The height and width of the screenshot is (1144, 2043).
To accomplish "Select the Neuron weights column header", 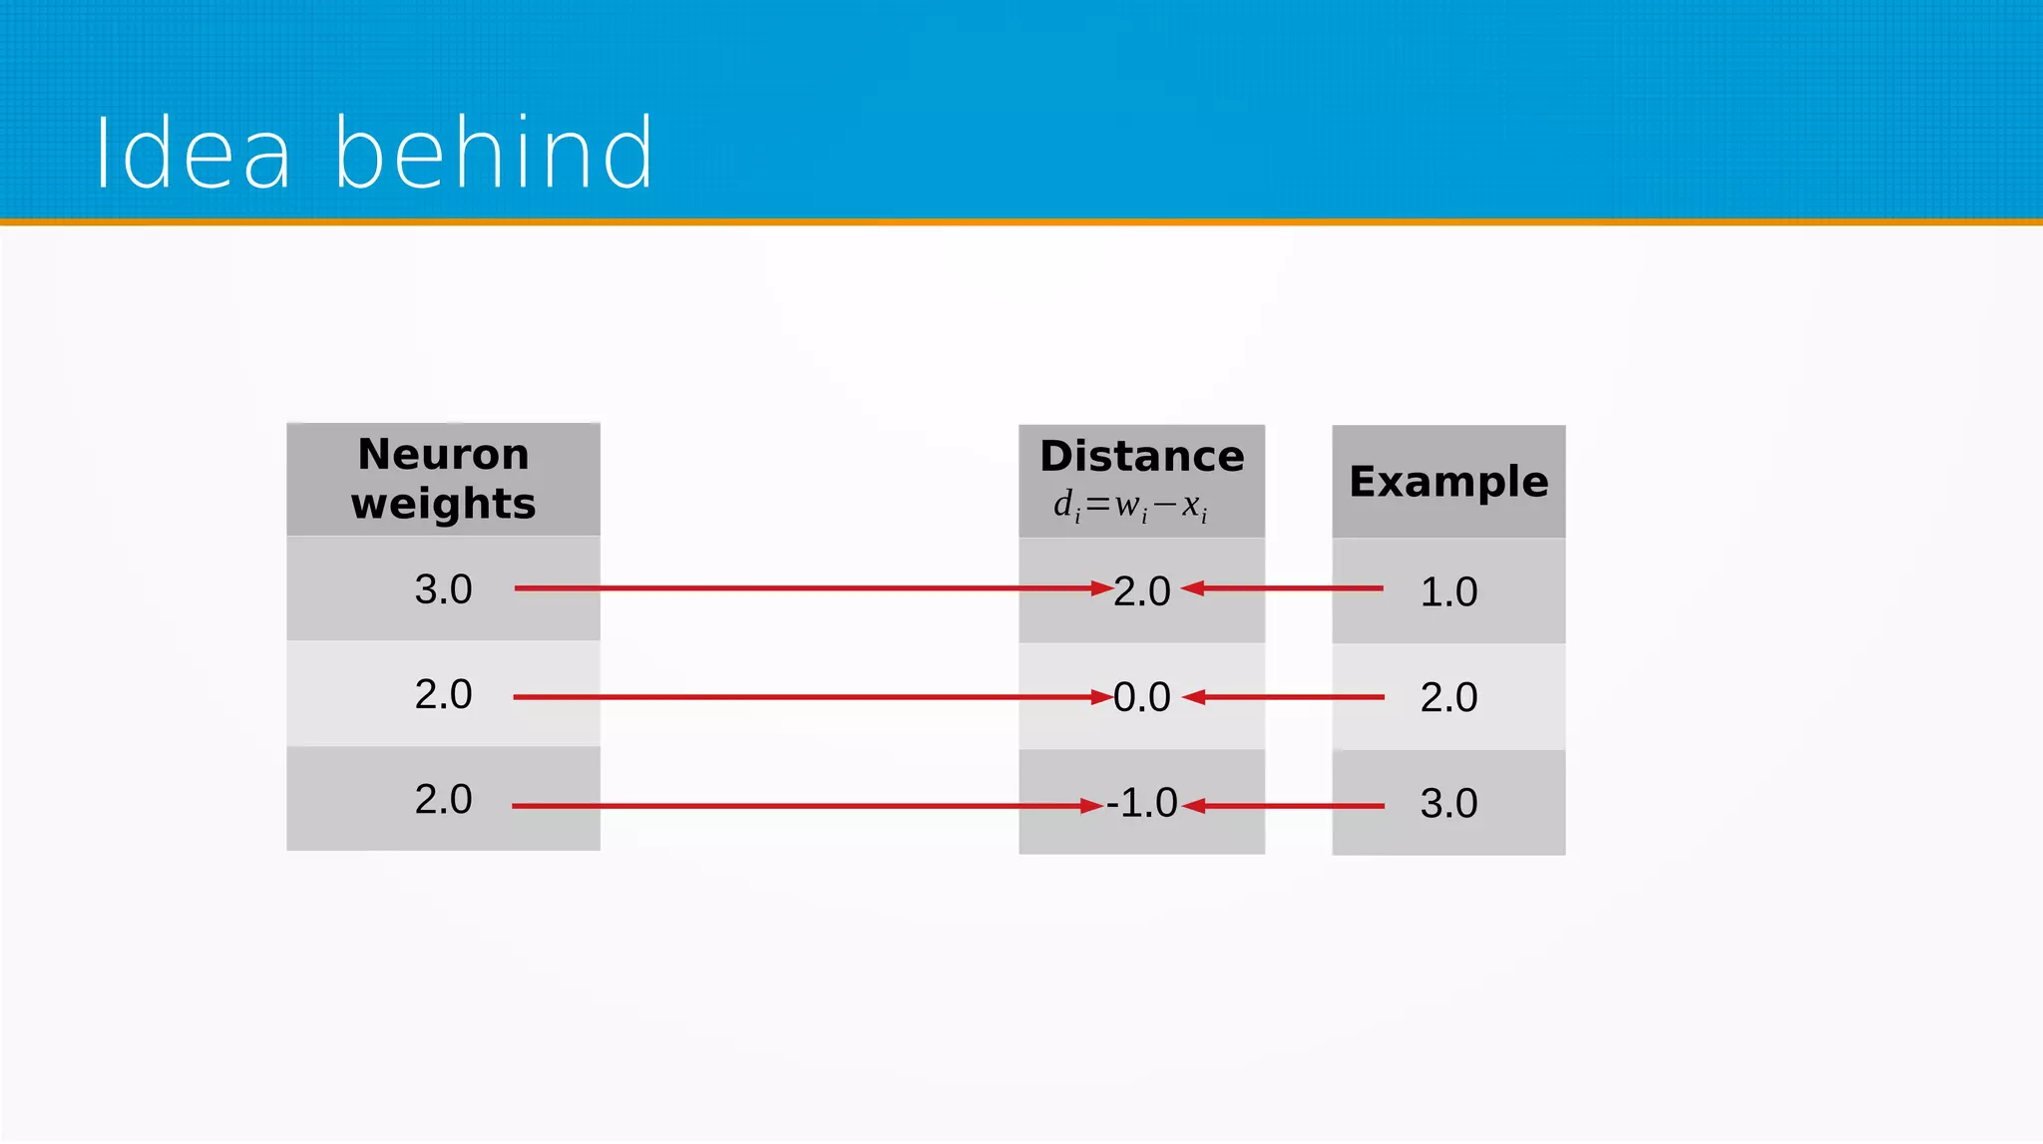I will click(443, 479).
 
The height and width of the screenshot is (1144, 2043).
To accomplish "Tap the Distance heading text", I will click(1141, 457).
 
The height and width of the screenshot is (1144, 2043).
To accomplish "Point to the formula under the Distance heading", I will click(1130, 506).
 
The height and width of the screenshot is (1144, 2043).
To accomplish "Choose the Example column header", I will click(1448, 482).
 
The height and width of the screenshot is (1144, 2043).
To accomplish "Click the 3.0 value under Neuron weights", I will click(443, 589).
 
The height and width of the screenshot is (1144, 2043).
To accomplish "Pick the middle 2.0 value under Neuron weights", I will click(443, 694).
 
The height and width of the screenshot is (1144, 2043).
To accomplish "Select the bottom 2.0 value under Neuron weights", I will click(443, 799).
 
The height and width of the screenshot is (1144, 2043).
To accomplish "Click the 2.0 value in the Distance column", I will click(1141, 591).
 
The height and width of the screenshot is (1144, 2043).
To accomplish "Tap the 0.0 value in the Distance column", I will click(1141, 697).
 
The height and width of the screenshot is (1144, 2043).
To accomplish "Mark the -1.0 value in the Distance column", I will click(1141, 803).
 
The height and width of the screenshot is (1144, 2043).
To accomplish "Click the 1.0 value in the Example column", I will click(1448, 591).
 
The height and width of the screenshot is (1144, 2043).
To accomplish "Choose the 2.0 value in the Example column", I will click(1448, 697).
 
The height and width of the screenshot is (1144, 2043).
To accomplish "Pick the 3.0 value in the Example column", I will click(1448, 803).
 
